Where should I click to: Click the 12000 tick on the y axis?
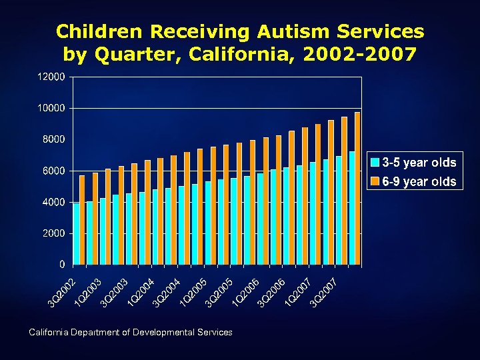pyautogui.click(x=51, y=77)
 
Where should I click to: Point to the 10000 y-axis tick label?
pyautogui.click(x=51, y=108)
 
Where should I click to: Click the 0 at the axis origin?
pyautogui.click(x=62, y=265)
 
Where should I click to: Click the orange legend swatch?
pyautogui.click(x=375, y=181)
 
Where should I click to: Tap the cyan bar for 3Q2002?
pyautogui.click(x=76, y=234)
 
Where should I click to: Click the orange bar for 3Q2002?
pyautogui.click(x=83, y=220)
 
